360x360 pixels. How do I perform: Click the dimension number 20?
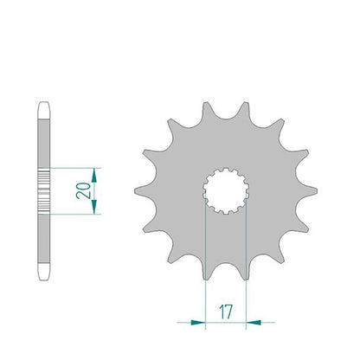click(83, 190)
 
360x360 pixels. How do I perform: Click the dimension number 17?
click(226, 312)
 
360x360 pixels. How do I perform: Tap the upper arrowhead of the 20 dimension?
click(94, 176)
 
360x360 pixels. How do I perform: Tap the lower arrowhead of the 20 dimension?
click(94, 207)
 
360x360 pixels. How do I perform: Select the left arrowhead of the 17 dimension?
click(198, 322)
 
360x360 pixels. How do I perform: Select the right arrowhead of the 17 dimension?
click(254, 322)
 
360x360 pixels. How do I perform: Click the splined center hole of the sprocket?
click(226, 190)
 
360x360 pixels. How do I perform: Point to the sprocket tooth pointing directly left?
click(145, 190)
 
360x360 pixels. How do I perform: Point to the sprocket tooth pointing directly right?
click(307, 190)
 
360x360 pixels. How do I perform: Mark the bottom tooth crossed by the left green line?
click(206, 270)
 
